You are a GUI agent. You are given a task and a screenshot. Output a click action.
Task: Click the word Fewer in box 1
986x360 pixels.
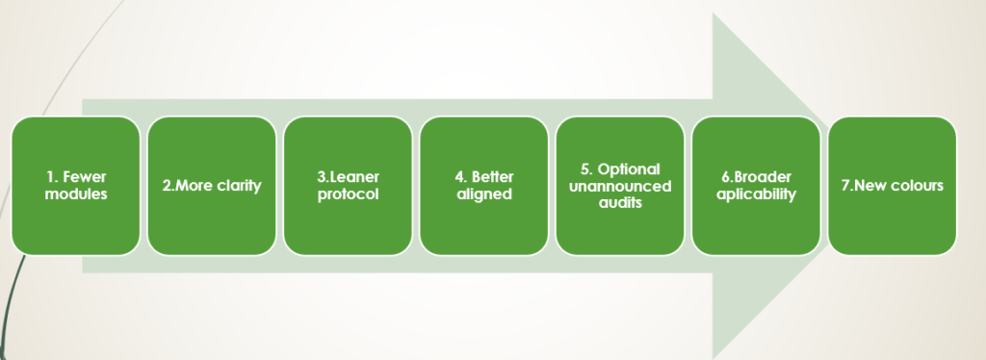tap(85, 177)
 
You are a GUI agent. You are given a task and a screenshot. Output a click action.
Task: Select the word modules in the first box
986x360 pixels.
tap(76, 194)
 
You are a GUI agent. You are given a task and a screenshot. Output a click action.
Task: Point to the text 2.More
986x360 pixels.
tap(186, 186)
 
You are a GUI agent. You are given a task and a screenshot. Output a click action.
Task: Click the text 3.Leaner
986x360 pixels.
tap(348, 177)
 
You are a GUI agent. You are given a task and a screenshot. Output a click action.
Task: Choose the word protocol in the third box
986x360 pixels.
tap(348, 194)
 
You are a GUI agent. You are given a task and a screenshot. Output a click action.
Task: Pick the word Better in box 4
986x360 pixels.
tap(492, 177)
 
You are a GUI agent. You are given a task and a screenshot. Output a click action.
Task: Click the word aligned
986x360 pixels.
tap(484, 194)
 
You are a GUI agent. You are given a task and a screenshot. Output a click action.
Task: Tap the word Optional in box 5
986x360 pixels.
tap(629, 169)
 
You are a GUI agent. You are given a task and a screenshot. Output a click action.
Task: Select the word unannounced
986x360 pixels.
tap(620, 186)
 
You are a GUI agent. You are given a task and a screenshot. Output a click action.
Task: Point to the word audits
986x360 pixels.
tap(620, 203)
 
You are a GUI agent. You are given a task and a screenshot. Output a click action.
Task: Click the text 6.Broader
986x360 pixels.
tap(756, 177)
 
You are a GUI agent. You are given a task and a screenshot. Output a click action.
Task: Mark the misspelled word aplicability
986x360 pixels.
tap(756, 194)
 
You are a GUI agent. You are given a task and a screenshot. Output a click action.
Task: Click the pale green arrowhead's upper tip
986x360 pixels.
tap(714, 13)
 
